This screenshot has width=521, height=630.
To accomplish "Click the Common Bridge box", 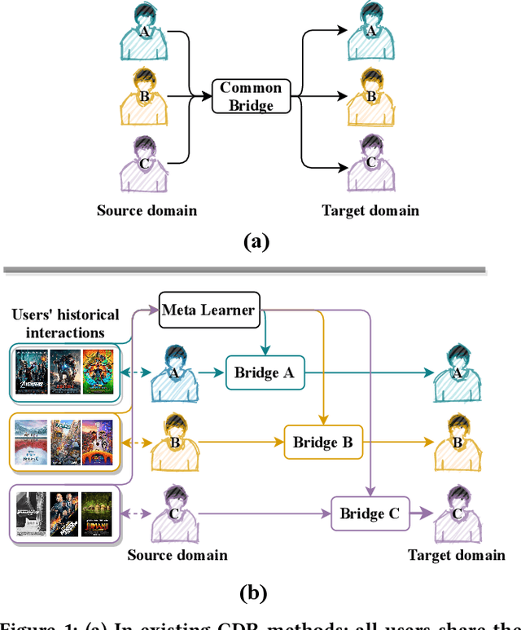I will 251,96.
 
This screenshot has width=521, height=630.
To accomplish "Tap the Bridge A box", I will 264,373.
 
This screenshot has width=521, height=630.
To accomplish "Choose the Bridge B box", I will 322,443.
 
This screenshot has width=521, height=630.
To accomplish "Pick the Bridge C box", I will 369,513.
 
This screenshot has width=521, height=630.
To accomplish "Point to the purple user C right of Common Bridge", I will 370,164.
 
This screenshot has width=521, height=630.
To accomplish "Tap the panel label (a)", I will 256,241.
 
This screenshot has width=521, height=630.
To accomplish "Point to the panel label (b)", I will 255,593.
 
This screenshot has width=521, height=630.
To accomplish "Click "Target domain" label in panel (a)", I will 370,210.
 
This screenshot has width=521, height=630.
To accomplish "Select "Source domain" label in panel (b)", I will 177,555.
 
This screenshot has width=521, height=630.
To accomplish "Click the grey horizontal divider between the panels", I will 244,269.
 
